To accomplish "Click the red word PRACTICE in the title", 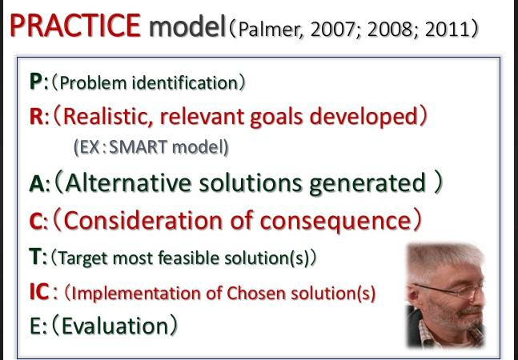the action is [x=75, y=26].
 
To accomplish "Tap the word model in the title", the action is [x=187, y=26].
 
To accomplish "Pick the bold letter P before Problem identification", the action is [x=36, y=81].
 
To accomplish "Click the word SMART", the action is [x=138, y=147].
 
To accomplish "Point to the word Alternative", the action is [x=128, y=182].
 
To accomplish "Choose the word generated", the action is [x=367, y=184].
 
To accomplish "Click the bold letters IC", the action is [x=40, y=292].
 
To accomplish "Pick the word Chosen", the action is [x=256, y=293].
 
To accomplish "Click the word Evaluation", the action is [x=115, y=326].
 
